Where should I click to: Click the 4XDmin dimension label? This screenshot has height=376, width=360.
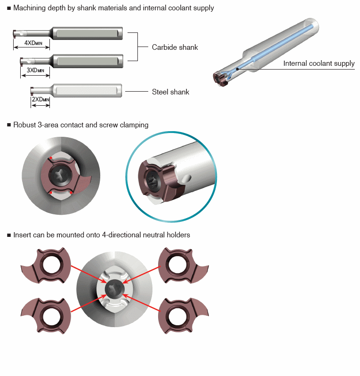pos(33,43)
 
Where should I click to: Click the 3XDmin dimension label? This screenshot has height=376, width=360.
pos(35,70)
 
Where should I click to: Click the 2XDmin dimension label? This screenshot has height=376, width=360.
pos(40,99)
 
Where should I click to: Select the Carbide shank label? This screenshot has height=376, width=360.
pos(175,47)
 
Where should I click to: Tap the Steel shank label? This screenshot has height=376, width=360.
pos(170,92)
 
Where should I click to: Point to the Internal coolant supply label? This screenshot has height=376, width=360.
pos(319,63)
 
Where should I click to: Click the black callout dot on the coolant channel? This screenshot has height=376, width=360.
pos(237,69)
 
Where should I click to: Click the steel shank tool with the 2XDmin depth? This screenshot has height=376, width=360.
pos(76,90)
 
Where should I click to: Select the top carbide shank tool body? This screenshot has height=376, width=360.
pos(68,33)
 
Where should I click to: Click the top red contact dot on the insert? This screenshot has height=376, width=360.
pos(51,158)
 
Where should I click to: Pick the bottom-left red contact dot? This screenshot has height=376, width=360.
pos(51,193)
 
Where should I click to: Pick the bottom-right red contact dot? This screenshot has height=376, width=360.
pos(71,192)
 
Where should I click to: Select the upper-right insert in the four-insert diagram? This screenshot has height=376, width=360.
pos(184,266)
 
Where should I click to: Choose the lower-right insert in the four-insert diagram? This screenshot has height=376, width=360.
pos(184,316)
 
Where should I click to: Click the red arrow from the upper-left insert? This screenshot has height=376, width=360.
pos(89,274)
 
